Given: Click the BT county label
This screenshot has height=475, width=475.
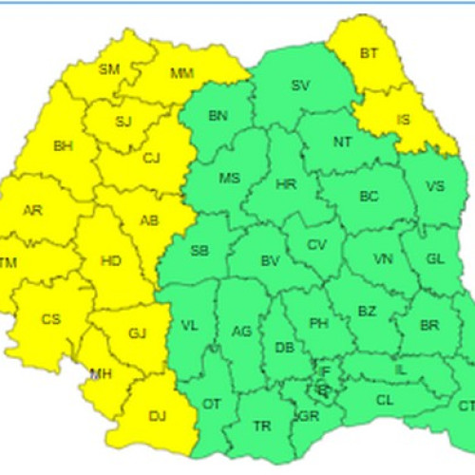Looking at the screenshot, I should [369, 54].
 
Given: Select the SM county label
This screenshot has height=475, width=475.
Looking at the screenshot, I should [109, 68].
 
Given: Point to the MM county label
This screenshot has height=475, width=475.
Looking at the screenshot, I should [182, 73].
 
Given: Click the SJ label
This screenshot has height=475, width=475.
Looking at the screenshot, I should [123, 121].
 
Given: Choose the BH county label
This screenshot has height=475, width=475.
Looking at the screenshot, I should [64, 146].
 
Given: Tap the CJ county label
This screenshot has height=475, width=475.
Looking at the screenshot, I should [151, 158].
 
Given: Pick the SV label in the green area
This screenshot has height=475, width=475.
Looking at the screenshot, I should [300, 85].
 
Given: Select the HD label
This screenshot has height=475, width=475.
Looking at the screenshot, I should [110, 260].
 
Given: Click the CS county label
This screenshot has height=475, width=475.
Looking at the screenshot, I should [50, 319].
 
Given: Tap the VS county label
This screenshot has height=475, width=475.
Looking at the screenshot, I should [436, 186].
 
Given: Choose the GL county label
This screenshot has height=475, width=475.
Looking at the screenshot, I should [435, 259].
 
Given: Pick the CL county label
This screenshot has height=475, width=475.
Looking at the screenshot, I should [385, 400].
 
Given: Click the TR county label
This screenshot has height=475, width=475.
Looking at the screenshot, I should [262, 426].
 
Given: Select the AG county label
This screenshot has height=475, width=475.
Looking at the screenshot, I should [242, 330].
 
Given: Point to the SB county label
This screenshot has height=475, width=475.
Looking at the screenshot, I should [199, 251].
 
